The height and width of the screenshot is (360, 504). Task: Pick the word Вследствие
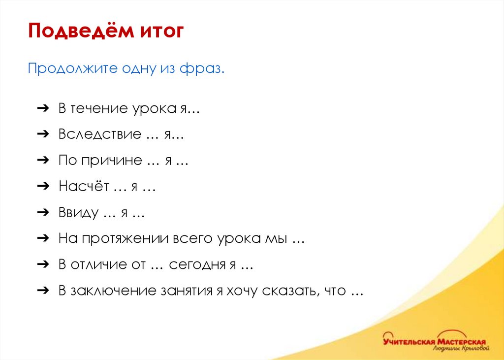click(99, 134)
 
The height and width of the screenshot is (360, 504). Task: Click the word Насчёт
click(84, 187)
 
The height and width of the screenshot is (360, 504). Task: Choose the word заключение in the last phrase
click(115, 291)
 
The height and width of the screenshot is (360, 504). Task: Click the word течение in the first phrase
click(99, 108)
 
